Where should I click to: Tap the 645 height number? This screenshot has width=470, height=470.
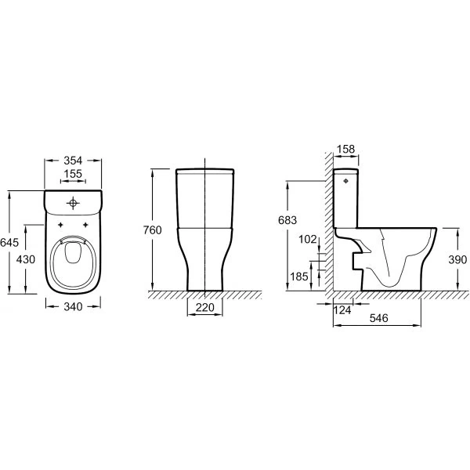coord(9,243)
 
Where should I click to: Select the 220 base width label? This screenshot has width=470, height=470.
coord(204,308)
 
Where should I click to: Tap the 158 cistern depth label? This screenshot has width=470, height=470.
coord(345,149)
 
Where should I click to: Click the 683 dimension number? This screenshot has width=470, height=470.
coord(287,221)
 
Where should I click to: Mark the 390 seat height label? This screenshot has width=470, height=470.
coord(458,260)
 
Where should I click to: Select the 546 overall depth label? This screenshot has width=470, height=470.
coord(380,320)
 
